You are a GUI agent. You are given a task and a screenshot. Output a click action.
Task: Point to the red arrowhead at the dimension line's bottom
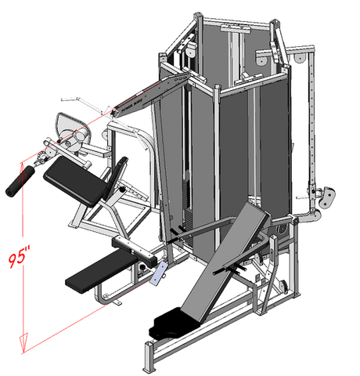point(25,341)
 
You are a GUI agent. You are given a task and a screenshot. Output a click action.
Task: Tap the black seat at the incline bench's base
point(178,318)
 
